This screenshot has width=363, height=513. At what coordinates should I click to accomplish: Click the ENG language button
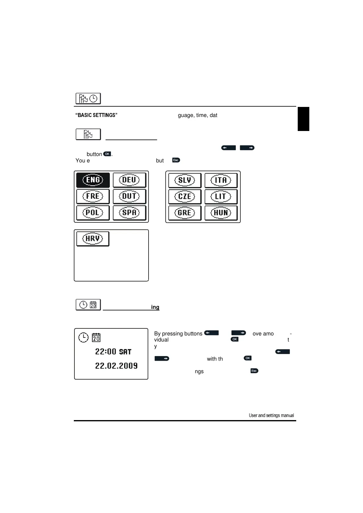[x=93, y=180]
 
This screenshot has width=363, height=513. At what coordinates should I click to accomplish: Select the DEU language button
[x=129, y=180]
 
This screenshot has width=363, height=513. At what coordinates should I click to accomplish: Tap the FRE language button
[x=93, y=196]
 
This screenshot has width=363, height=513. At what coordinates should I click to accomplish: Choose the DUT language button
[x=129, y=196]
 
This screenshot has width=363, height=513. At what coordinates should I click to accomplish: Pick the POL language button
[x=93, y=213]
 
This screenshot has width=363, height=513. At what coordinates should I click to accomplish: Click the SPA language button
[x=129, y=213]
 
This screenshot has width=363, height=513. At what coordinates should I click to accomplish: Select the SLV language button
[x=185, y=180]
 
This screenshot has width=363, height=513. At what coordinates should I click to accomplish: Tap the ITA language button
[x=221, y=180]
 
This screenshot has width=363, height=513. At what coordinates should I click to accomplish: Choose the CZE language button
[x=185, y=196]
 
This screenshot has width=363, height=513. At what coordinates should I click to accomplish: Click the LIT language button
[x=221, y=196]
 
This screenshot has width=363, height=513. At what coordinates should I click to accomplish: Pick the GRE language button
[x=185, y=213]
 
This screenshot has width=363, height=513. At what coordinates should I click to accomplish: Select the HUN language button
[x=221, y=213]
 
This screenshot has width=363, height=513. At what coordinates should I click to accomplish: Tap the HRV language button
[x=93, y=239]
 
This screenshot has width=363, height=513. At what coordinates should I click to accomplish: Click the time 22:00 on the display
[x=106, y=352]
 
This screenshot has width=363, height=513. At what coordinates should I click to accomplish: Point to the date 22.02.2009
[x=116, y=366]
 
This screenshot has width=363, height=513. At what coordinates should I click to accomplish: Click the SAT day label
[x=125, y=352]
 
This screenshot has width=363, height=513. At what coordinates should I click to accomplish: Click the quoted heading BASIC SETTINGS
[x=96, y=115]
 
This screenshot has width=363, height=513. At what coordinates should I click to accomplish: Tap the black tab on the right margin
[x=303, y=119]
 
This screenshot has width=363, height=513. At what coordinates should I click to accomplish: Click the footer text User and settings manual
[x=271, y=415]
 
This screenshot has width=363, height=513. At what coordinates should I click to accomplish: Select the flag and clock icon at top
[x=88, y=99]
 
